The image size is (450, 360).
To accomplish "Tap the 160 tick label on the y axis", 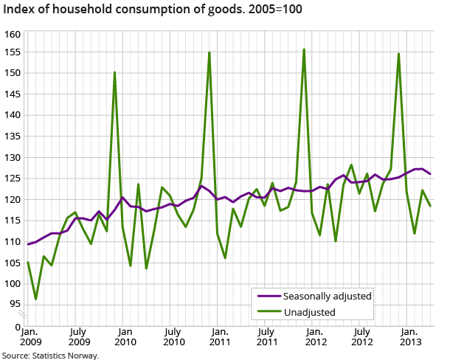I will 12,35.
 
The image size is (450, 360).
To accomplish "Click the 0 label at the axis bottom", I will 17,325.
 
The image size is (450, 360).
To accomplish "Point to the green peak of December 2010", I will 210,52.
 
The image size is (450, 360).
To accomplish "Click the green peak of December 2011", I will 304,49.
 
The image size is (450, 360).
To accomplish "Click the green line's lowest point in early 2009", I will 36,299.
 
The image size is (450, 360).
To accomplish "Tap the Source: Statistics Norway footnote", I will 50,355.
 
